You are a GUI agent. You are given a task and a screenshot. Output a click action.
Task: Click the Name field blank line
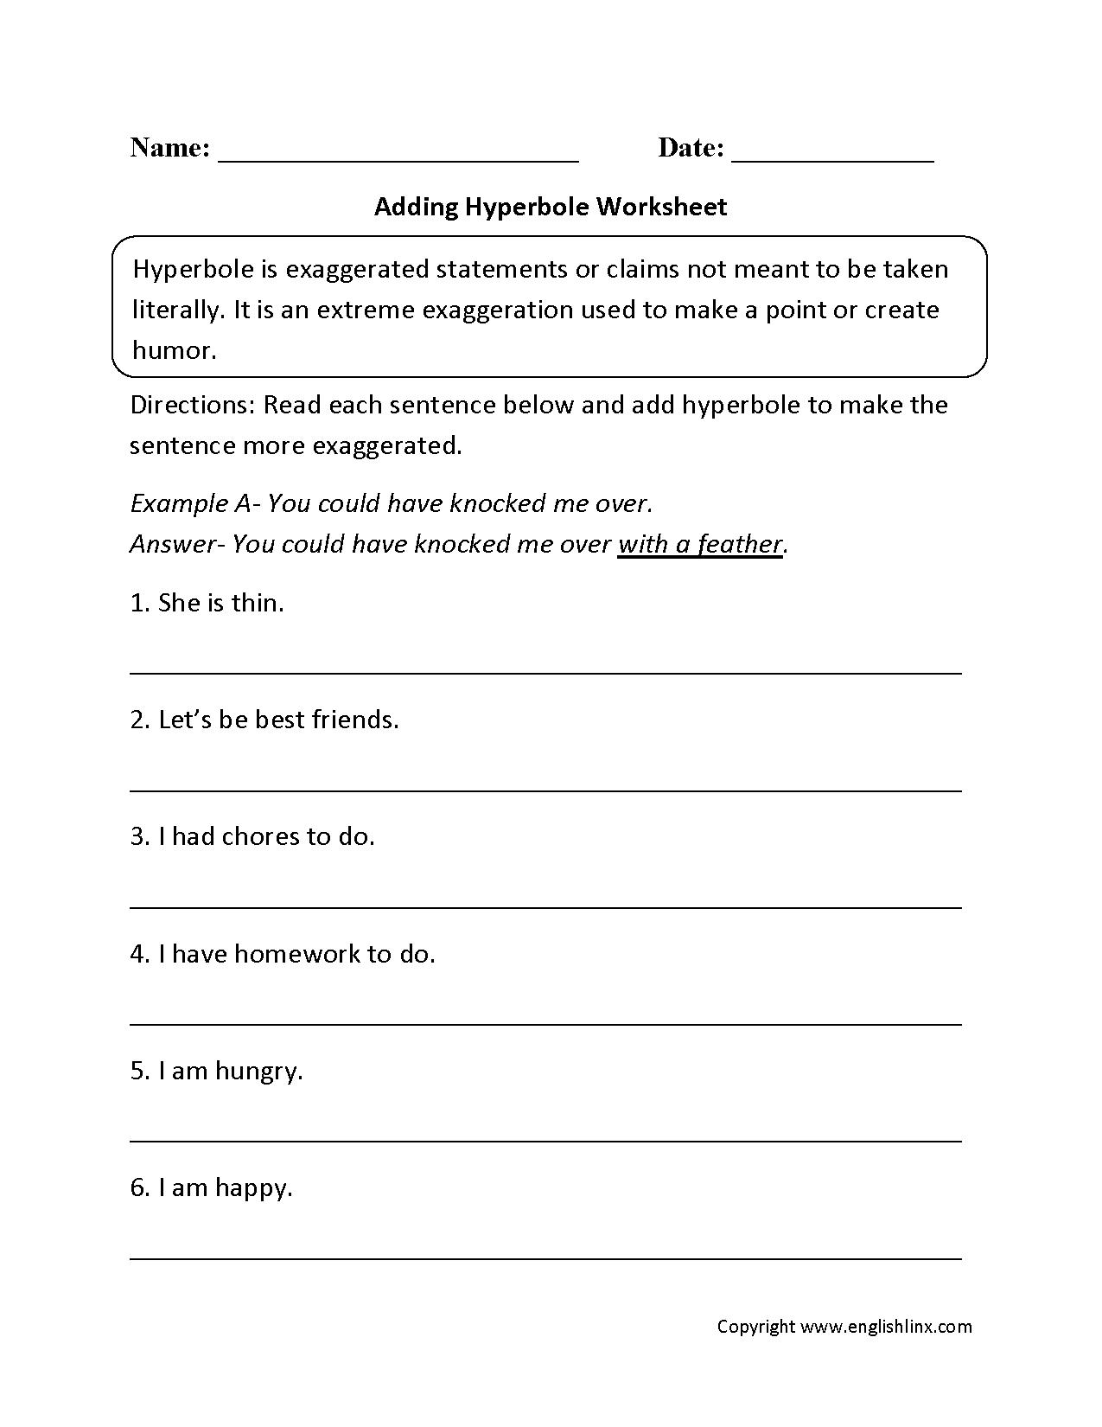click(x=398, y=159)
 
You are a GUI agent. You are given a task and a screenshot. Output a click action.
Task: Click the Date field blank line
click(x=832, y=159)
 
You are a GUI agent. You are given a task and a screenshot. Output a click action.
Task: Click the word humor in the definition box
click(x=173, y=350)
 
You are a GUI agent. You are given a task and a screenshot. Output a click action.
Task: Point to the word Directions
click(x=189, y=406)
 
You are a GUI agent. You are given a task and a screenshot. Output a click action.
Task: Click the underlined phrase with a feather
click(x=700, y=545)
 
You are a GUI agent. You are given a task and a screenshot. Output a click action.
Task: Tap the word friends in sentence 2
click(x=353, y=720)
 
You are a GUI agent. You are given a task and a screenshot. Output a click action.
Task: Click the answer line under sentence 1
click(x=545, y=672)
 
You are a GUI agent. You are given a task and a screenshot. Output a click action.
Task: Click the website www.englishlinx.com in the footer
click(x=886, y=1327)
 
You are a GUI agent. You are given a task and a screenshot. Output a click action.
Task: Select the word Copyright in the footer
click(x=755, y=1327)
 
